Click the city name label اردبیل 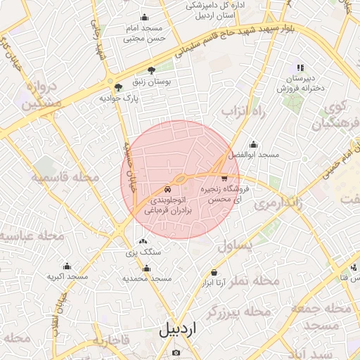tap(178, 329)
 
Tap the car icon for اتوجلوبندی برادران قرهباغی tap(167, 189)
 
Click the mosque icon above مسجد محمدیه tap(146, 268)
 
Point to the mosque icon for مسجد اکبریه tap(67, 266)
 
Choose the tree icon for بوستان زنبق tap(152, 70)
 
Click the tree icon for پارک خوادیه tap(118, 88)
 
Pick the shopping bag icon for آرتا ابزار tap(214, 272)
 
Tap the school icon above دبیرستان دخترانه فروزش tap(300, 67)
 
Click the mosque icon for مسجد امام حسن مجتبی tap(145, 18)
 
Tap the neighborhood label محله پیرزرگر tap(240, 310)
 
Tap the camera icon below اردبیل tap(176, 352)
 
